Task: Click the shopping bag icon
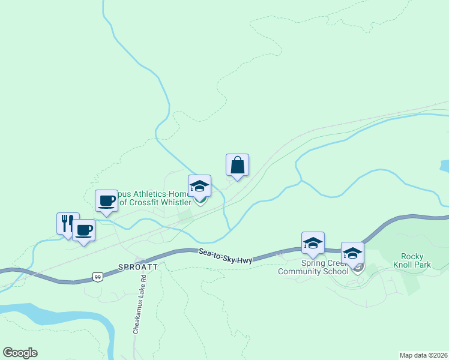click(237, 165)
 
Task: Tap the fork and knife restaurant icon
click(68, 223)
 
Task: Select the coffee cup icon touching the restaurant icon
click(83, 230)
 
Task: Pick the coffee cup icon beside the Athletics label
click(106, 201)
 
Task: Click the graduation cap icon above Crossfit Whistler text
click(199, 187)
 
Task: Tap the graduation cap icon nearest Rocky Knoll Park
click(352, 253)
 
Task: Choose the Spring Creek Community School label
click(313, 267)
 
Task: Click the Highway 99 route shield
click(97, 277)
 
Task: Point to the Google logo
click(20, 352)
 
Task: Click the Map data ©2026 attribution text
click(424, 355)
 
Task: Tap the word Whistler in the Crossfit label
click(174, 203)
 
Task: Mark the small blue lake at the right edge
click(444, 166)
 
